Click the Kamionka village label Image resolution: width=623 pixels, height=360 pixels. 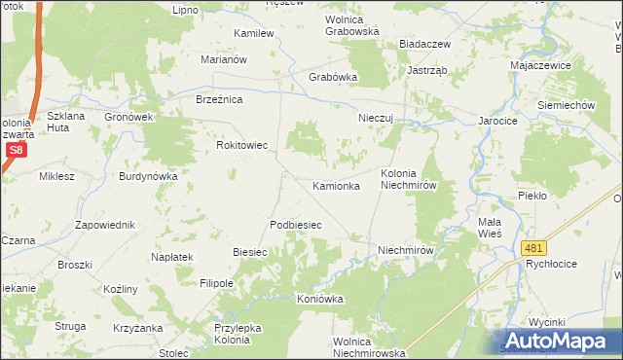tap(336, 185)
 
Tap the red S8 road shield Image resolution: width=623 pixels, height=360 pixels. tap(16, 150)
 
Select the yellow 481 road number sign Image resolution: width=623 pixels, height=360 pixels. tap(531, 249)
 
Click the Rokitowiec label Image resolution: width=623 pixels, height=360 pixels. tap(241, 145)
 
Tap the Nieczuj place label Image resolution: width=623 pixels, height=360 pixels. tap(375, 118)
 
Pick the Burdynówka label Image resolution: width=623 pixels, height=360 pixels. tap(147, 176)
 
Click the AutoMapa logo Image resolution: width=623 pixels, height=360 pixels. tap(559, 341)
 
